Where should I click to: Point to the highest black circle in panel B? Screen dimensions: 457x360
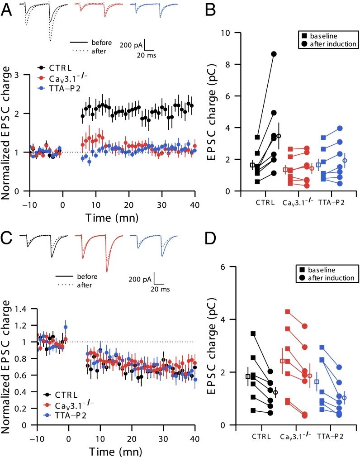pos(274,54)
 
